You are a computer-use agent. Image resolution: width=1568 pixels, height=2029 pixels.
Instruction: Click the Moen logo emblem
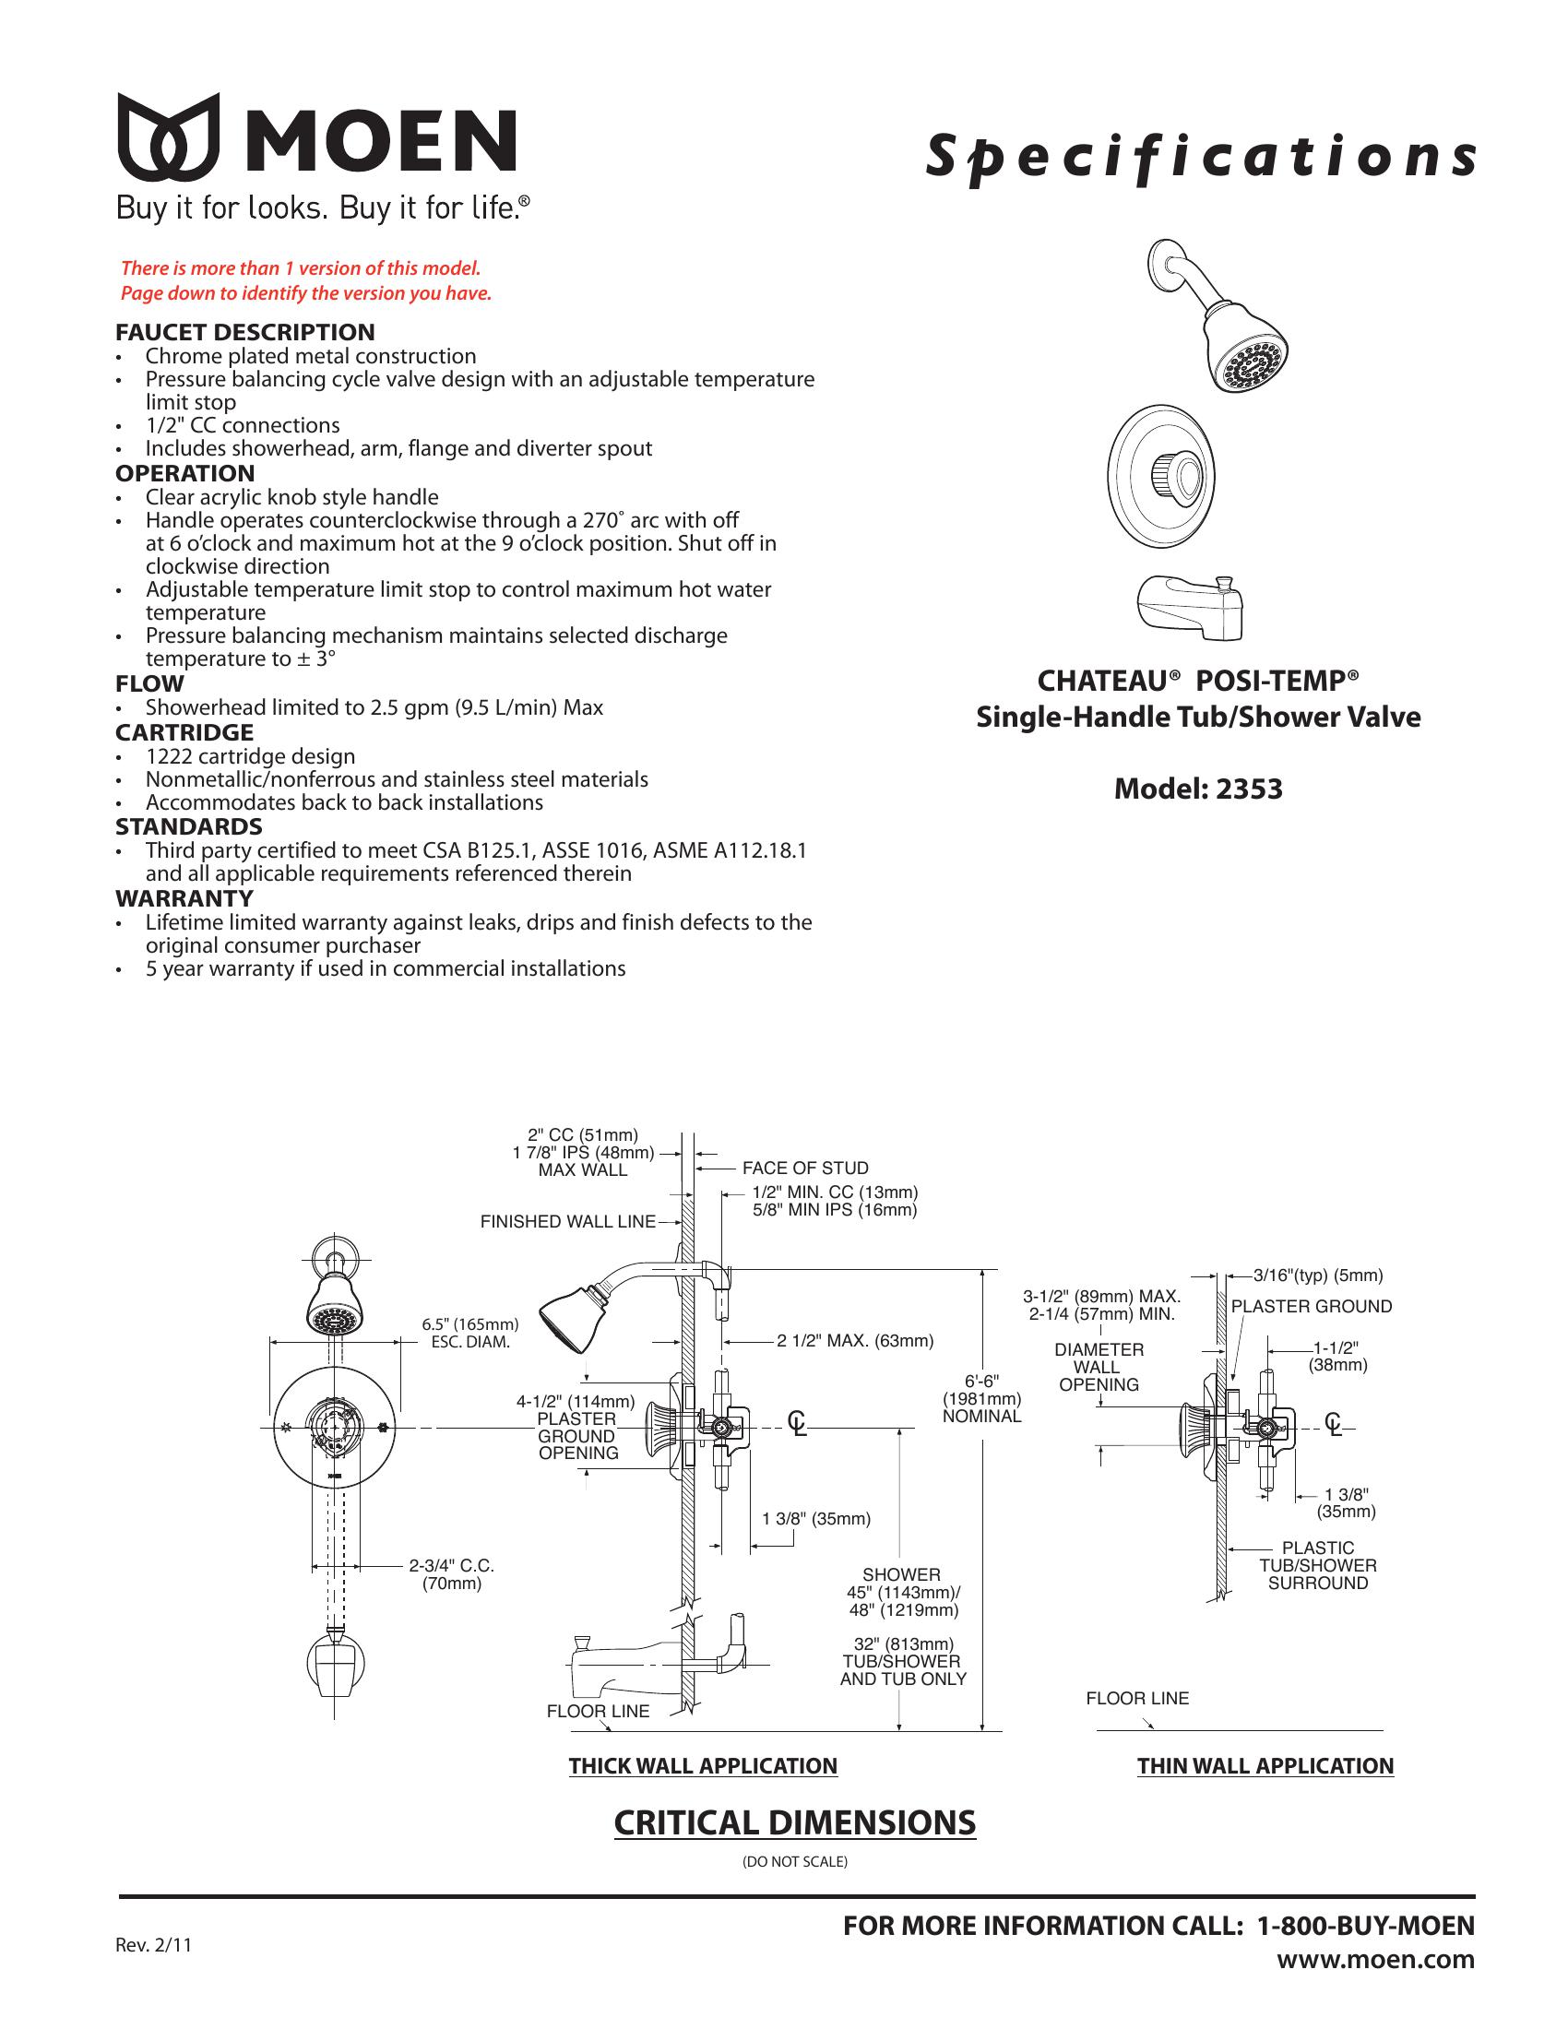point(168,136)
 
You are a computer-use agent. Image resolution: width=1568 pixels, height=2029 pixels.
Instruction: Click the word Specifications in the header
point(1199,157)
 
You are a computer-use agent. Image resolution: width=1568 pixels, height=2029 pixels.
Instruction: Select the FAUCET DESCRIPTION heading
point(245,332)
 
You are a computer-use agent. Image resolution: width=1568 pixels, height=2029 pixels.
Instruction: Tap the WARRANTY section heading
point(184,898)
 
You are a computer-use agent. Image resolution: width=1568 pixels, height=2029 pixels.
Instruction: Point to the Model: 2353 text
point(1197,789)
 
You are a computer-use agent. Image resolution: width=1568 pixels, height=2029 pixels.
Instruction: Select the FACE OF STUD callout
point(805,1168)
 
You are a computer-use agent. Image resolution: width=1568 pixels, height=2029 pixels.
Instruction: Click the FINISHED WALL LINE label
point(567,1222)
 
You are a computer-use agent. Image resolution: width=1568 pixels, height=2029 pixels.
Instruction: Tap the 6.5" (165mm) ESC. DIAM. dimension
point(470,1334)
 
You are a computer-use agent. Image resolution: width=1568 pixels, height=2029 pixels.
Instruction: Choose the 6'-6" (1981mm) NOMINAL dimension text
point(982,1399)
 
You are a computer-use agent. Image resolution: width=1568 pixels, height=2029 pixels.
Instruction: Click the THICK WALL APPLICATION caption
point(703,1766)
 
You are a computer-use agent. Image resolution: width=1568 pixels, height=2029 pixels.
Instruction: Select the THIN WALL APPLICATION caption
point(1265,1766)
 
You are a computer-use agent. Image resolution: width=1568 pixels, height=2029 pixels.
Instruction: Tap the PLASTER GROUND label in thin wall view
point(1311,1306)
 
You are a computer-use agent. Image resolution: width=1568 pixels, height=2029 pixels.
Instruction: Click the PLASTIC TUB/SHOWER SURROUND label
point(1317,1565)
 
